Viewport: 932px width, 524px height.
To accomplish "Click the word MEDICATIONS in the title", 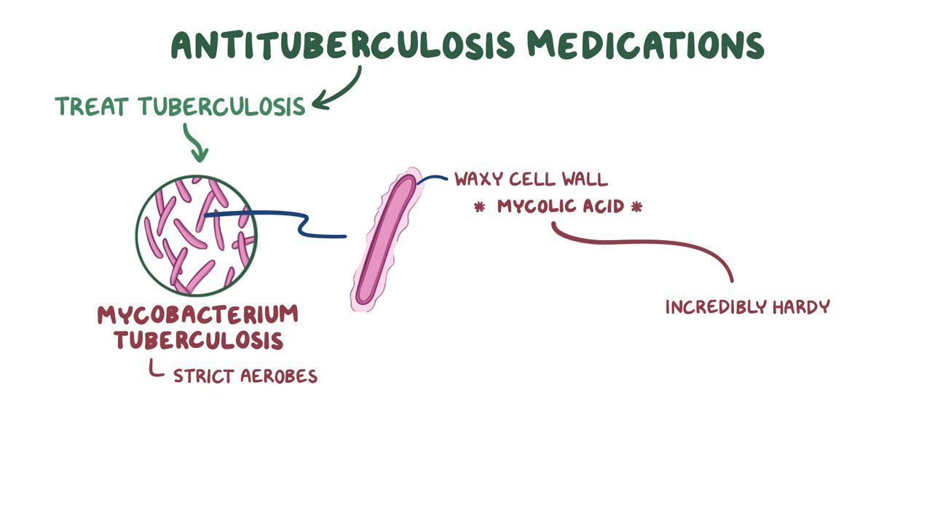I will coord(645,44).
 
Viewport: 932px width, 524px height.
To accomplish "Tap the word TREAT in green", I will coord(92,107).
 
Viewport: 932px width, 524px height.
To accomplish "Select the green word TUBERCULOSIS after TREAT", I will coord(222,107).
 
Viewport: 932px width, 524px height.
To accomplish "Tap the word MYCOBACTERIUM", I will coord(197,315).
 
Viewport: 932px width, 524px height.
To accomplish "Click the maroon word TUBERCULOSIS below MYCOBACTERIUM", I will coord(197,340).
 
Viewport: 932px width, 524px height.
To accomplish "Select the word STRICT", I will coord(202,376).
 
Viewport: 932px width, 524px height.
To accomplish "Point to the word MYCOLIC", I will coord(535,207).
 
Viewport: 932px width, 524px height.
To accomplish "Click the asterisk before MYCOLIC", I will coord(479,207).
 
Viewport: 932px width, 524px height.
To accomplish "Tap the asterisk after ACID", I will coord(637,207).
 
